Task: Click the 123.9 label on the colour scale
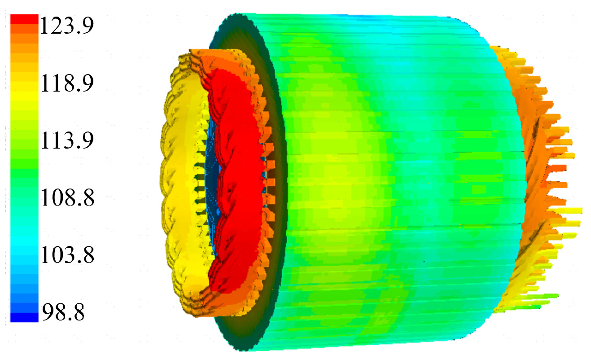[67, 25]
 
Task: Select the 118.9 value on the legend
[67, 83]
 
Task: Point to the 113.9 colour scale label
[67, 140]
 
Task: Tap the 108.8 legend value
[67, 198]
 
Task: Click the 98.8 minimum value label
[63, 312]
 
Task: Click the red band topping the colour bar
[24, 19]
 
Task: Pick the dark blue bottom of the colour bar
[24, 317]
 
